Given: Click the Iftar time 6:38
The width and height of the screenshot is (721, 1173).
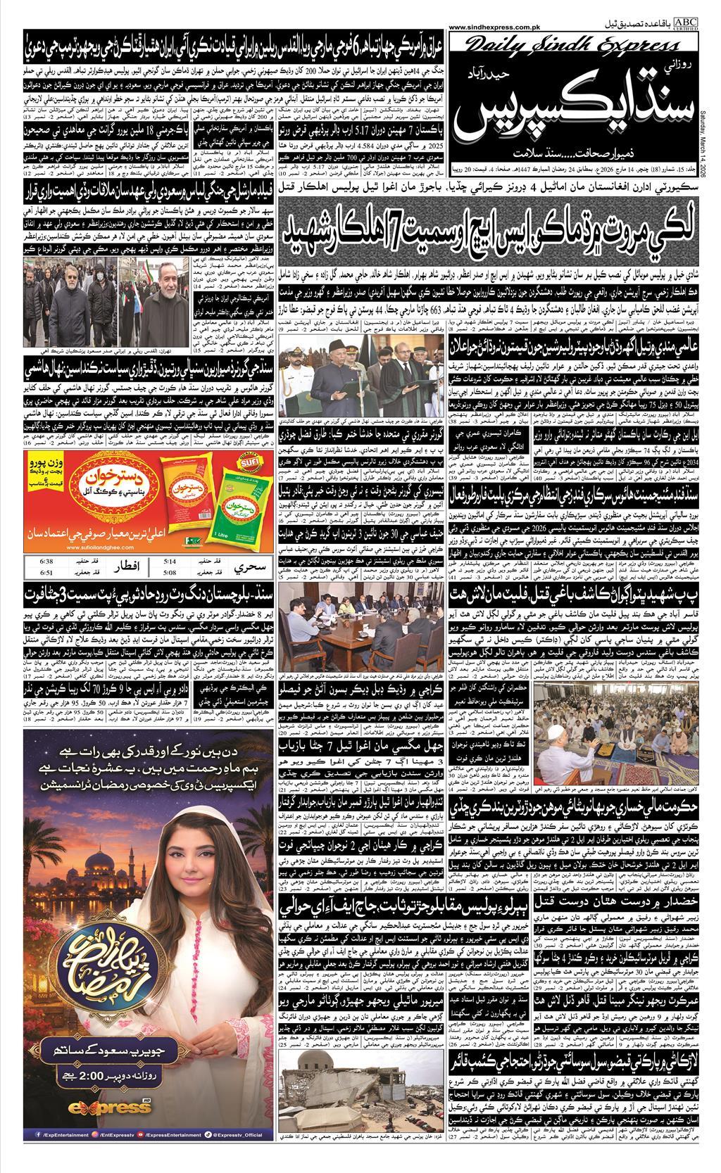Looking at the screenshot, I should (x=29, y=561).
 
